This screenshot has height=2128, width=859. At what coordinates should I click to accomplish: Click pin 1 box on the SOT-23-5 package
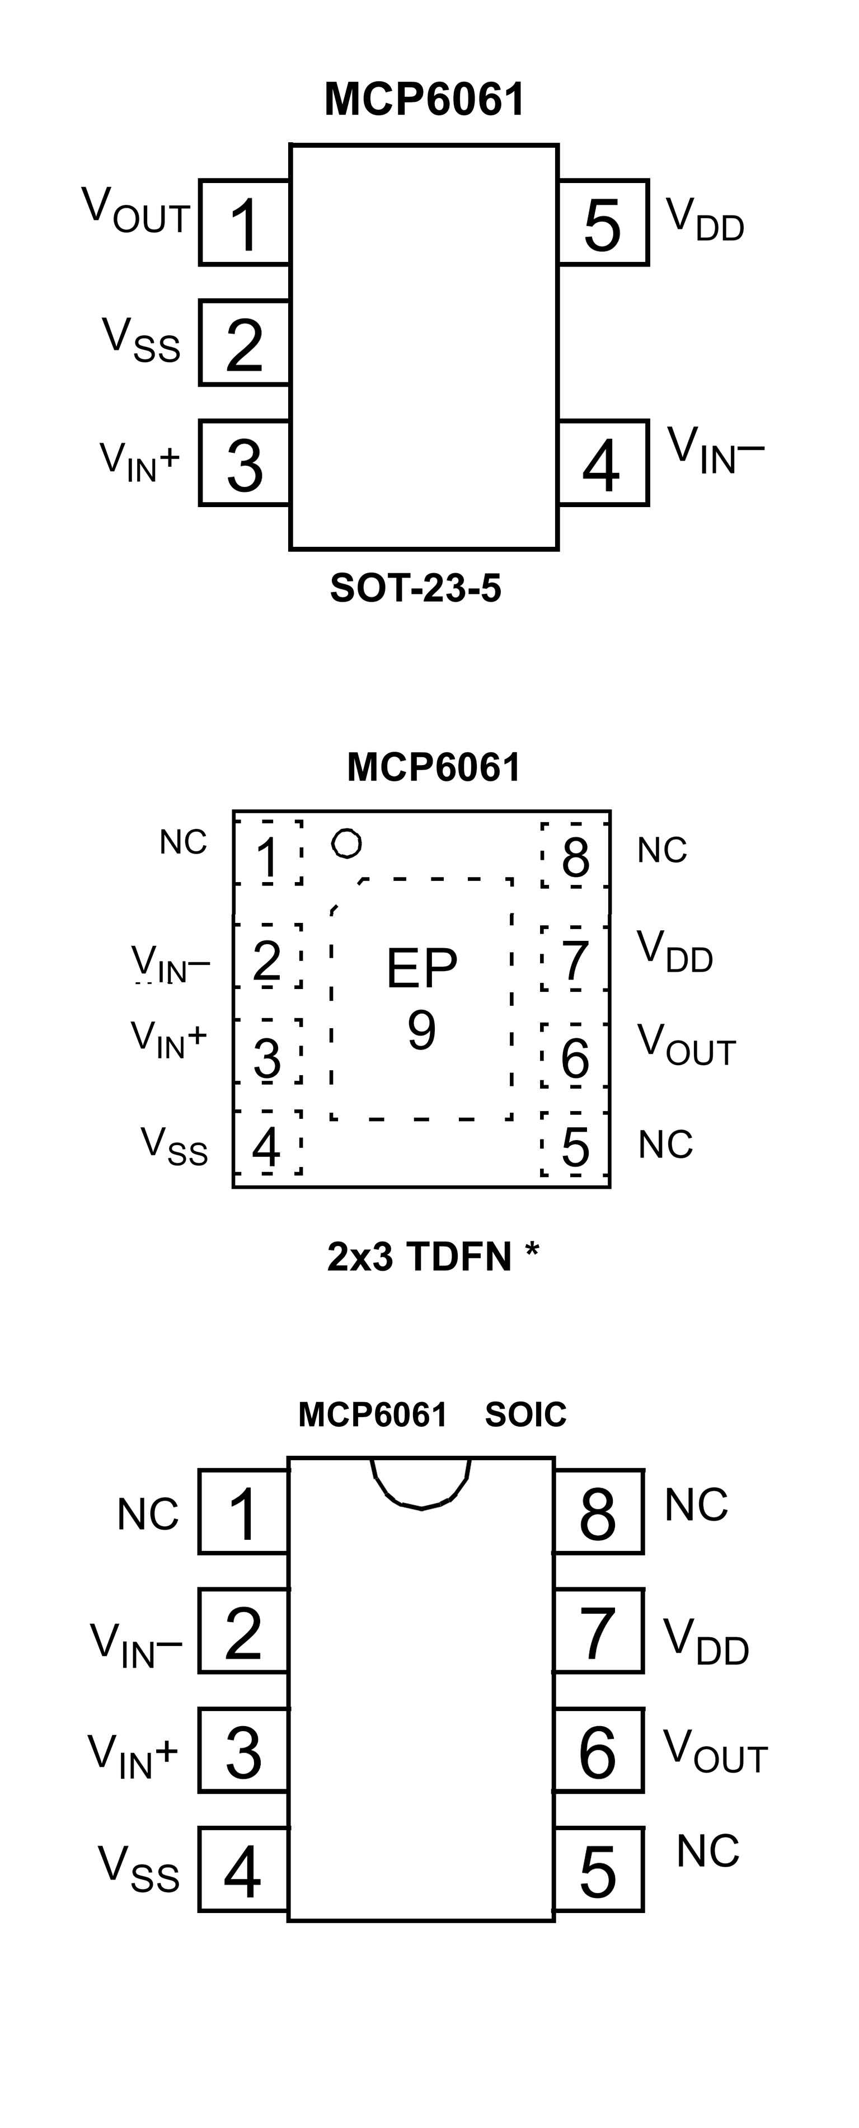245,222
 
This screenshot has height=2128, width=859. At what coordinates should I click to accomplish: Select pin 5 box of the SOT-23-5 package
603,222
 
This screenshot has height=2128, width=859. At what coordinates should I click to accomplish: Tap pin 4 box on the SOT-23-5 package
603,463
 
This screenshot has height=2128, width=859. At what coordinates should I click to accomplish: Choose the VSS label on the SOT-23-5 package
141,340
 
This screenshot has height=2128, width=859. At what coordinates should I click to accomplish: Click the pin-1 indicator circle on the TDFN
346,843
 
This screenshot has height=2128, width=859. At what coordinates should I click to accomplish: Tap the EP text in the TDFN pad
421,968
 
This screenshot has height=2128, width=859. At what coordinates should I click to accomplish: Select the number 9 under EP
421,1030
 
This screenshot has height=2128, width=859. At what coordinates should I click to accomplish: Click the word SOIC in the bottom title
525,1415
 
